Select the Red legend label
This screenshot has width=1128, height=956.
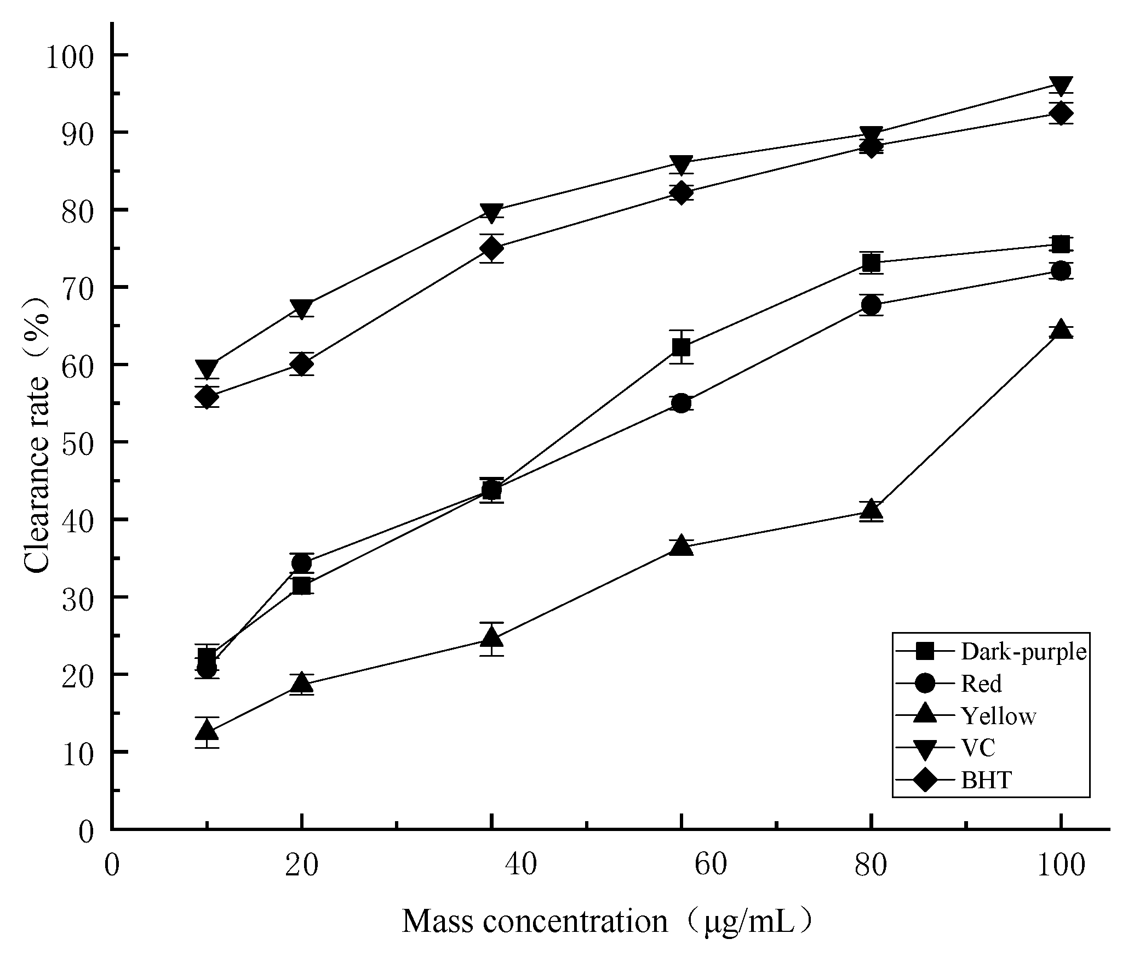click(x=981, y=684)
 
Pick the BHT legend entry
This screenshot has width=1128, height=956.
click(x=986, y=780)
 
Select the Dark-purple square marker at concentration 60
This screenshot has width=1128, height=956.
click(x=681, y=347)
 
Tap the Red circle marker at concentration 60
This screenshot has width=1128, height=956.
click(x=681, y=403)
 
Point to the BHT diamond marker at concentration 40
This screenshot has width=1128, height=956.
click(x=491, y=249)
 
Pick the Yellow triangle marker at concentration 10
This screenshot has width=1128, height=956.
click(x=207, y=730)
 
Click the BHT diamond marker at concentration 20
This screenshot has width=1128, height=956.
click(x=301, y=364)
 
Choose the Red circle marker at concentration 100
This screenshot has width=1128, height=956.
click(x=1061, y=271)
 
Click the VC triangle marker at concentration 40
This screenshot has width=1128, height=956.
click(x=491, y=213)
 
